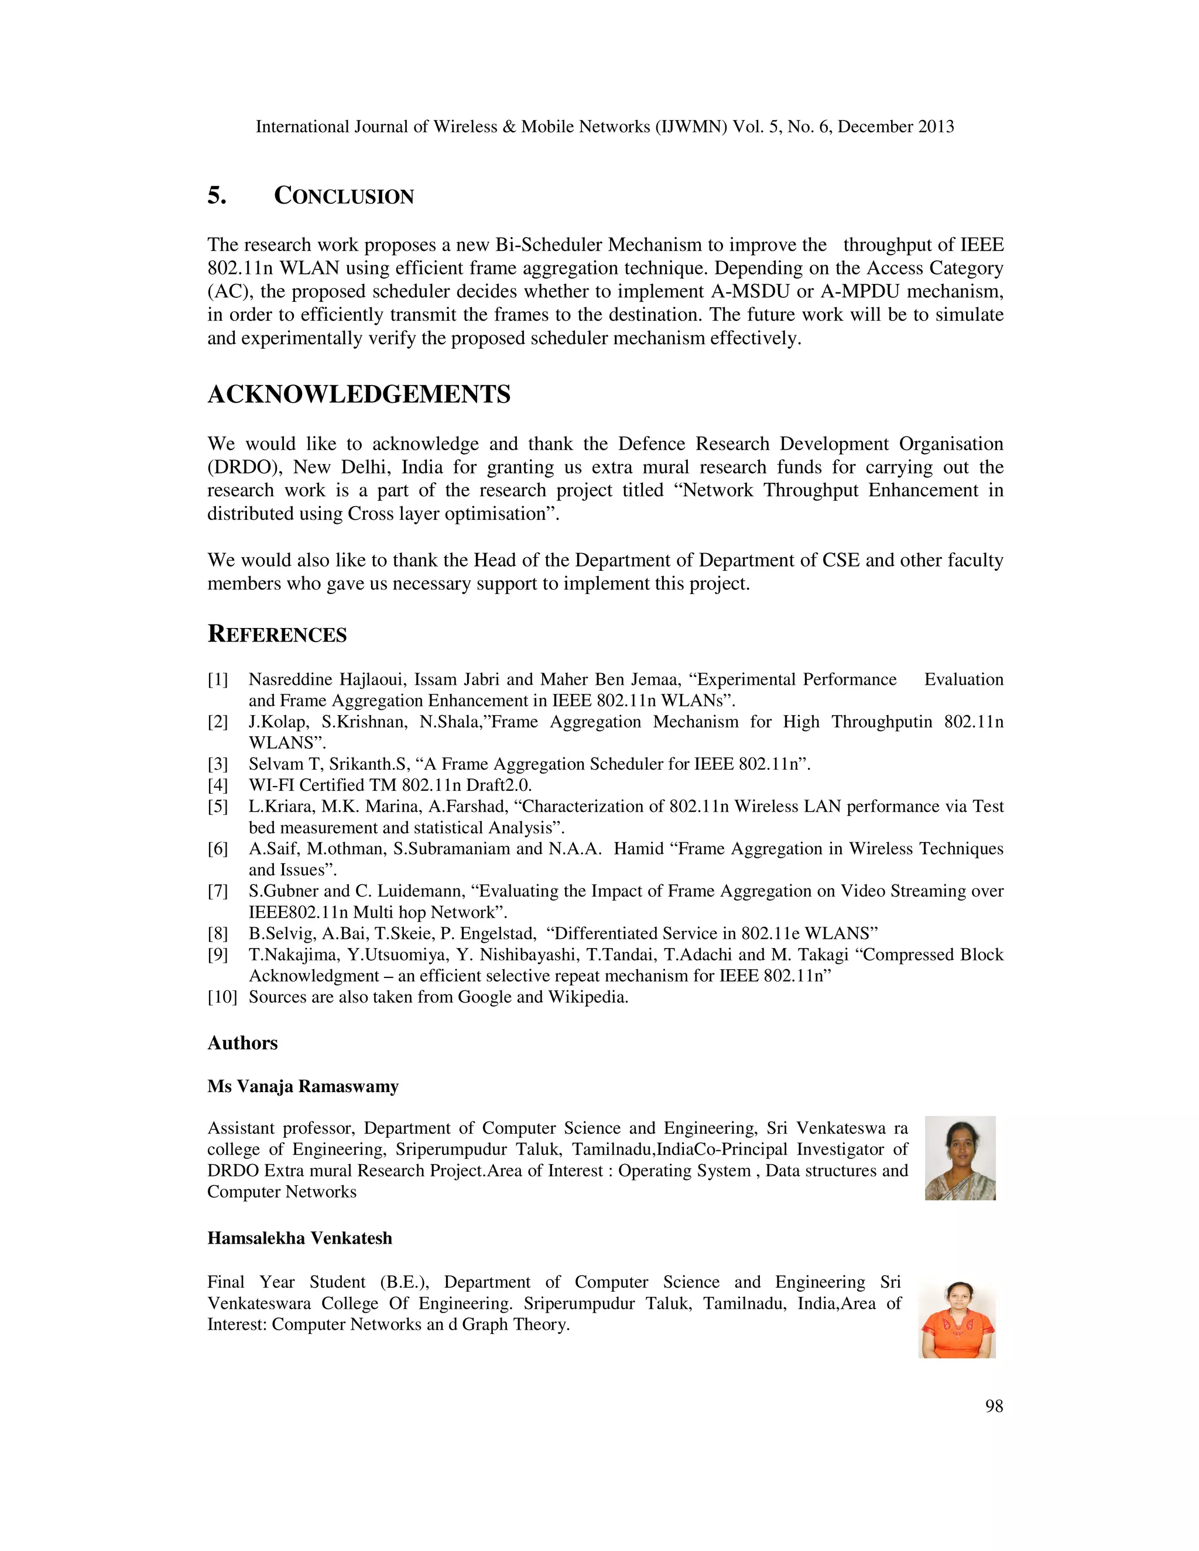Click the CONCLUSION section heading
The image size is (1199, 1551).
coord(344,196)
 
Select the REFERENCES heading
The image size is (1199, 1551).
coord(277,634)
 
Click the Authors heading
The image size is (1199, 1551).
coord(242,1042)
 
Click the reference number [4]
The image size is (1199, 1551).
coord(218,785)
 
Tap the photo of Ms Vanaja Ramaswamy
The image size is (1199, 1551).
coord(960,1158)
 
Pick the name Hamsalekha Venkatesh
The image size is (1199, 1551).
coord(300,1238)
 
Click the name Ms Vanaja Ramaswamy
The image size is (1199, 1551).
coord(303,1086)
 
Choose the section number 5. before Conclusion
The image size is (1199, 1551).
coord(217,196)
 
